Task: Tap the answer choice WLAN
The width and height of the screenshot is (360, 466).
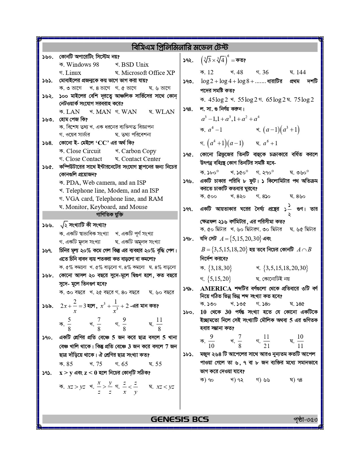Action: pos(165,112)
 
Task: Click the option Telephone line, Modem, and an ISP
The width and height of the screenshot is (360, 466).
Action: pos(112,191)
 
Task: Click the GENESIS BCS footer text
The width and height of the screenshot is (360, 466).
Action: pos(180,419)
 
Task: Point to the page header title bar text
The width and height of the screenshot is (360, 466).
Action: pos(180,47)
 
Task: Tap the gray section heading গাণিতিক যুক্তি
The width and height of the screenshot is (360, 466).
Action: pos(110,215)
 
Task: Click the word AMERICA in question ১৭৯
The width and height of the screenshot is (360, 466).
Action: pos(216,289)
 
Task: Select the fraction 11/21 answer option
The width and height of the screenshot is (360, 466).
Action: pos(266,341)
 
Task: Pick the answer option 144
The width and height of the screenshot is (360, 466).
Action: pos(301,72)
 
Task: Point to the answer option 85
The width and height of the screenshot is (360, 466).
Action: pos(69,364)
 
